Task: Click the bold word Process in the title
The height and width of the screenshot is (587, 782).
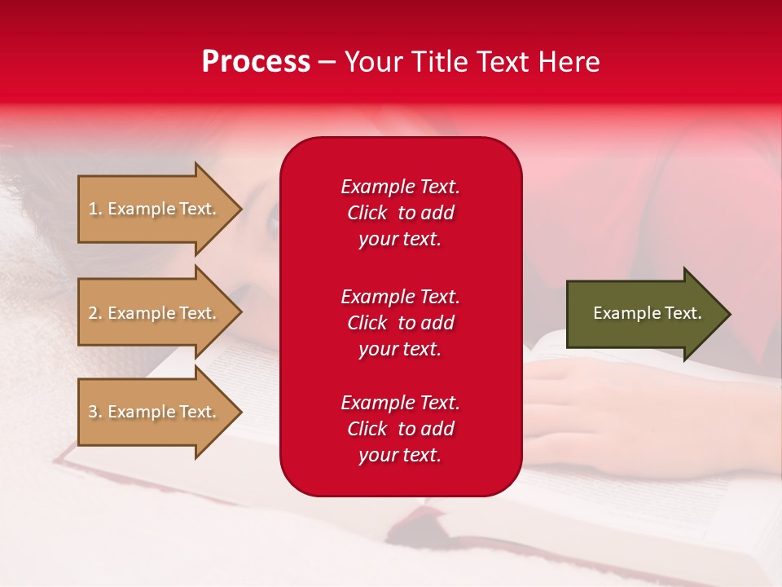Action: point(256,62)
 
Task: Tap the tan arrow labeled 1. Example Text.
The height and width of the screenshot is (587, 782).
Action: point(155,209)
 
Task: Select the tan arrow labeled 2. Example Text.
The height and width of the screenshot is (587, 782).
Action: point(155,313)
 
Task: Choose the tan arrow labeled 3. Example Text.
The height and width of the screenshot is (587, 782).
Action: point(155,412)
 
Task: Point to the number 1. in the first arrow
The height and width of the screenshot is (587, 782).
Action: point(94,209)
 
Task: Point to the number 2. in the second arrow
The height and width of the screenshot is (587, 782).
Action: point(94,313)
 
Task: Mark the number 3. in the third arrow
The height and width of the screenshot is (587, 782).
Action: point(94,412)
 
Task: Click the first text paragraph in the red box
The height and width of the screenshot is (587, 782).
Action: point(400,213)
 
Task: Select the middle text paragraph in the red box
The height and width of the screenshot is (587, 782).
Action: point(400,323)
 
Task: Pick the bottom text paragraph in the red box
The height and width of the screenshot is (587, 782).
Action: point(400,429)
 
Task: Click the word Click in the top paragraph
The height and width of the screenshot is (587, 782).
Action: point(367,214)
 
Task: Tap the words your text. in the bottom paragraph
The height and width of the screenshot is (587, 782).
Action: point(400,456)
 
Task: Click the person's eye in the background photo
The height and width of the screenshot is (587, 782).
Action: point(275,221)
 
